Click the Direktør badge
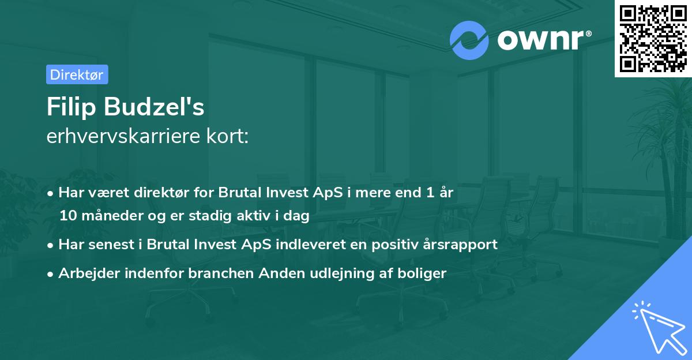tap(77, 74)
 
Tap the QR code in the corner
tap(653, 38)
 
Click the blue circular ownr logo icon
tap(469, 39)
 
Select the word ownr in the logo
tap(540, 39)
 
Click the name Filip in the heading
tap(71, 108)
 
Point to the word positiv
tap(397, 244)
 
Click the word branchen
tap(215, 273)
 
